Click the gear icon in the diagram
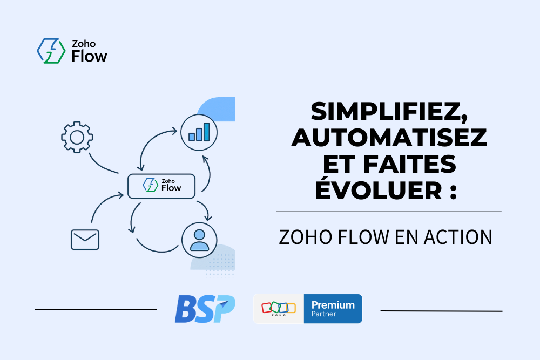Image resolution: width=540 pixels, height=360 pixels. coord(77,137)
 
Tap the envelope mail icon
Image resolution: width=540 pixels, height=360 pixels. coord(85,240)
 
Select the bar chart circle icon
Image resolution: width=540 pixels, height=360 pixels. coord(199,133)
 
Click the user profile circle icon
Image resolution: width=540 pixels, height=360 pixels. coord(199,240)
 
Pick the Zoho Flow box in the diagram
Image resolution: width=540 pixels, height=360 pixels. coord(161,186)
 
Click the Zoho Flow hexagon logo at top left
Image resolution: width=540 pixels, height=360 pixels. coord(51,51)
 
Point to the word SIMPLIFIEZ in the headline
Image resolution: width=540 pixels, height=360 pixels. coord(389,112)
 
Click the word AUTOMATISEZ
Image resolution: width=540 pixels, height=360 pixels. coord(389,138)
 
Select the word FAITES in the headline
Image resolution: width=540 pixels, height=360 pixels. coord(410,164)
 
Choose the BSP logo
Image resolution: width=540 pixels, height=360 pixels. coord(205,309)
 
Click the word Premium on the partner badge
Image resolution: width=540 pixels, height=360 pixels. coord(333,305)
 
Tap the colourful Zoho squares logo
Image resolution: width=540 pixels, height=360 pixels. coord(279,307)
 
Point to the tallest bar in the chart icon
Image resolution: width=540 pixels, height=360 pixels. coord(207,132)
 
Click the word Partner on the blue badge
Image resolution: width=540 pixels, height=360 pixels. coord(323,314)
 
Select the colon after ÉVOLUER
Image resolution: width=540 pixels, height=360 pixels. coord(453,192)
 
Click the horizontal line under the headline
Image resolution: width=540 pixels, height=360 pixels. coord(389,212)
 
